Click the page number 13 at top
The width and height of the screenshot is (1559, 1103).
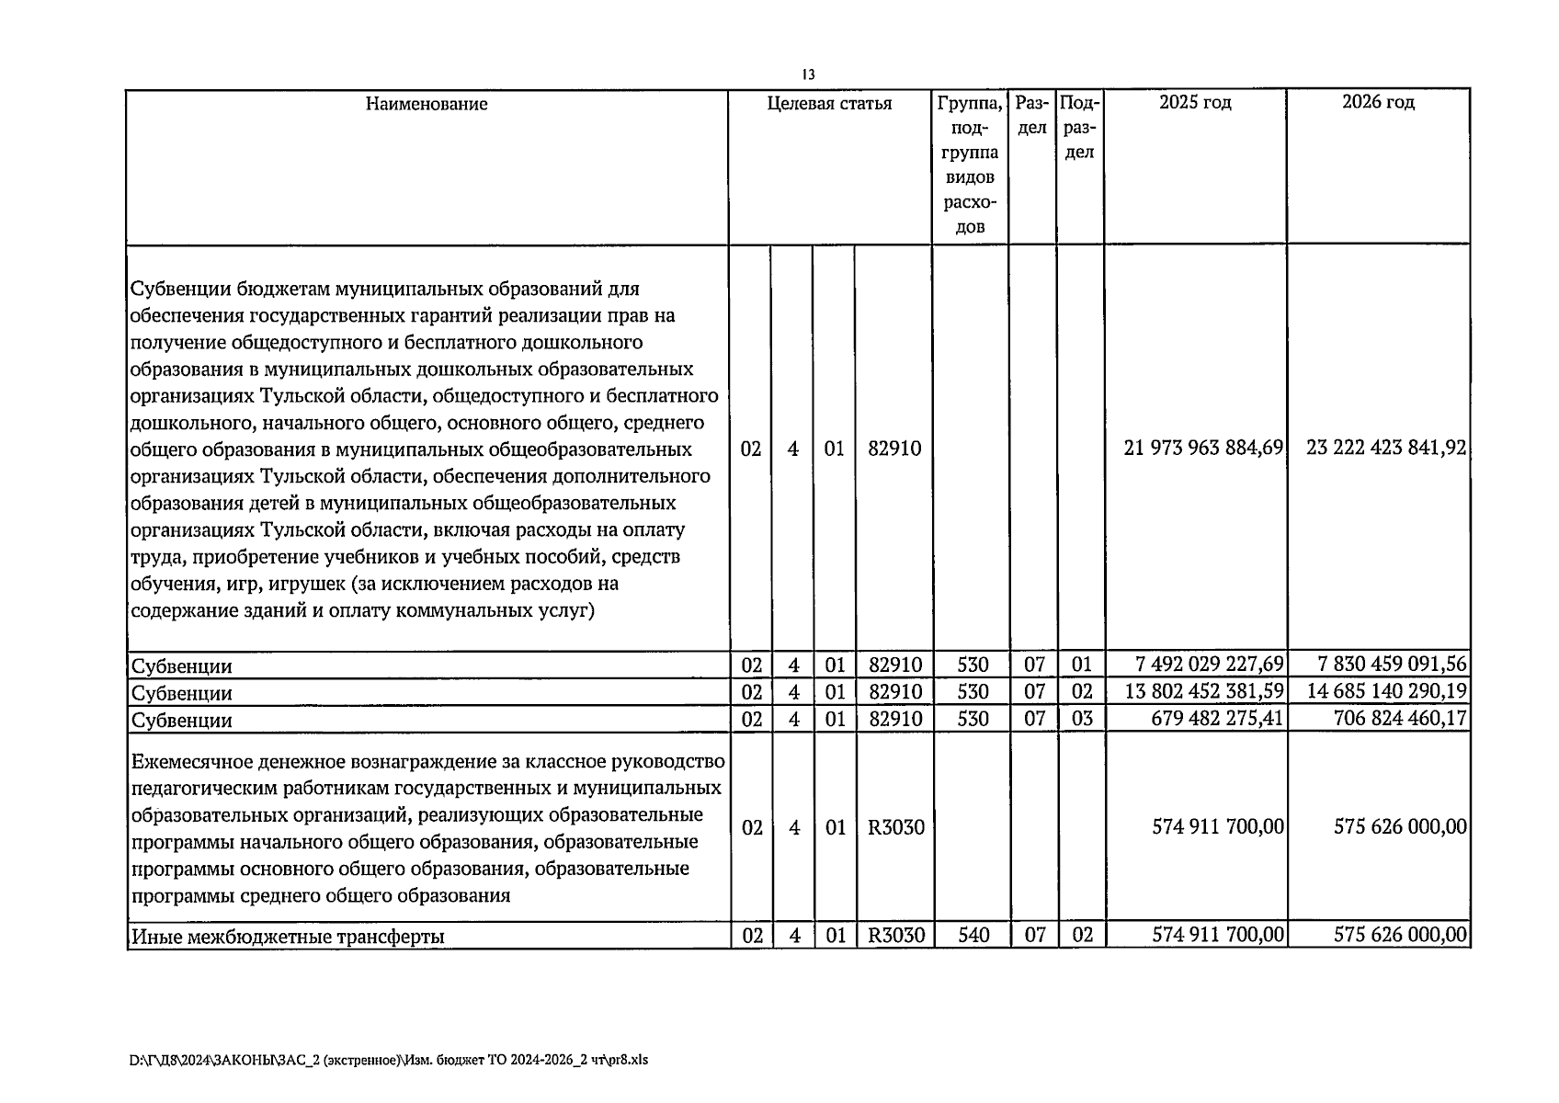pos(808,74)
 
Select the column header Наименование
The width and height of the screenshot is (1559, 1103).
pos(427,104)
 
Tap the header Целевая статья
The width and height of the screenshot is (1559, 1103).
pos(829,104)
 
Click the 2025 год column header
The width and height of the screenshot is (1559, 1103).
pos(1194,102)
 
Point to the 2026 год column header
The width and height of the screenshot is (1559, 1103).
pos(1377,102)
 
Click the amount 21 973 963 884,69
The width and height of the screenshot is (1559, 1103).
pos(1203,449)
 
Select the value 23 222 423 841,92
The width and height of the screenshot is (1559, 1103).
pos(1385,449)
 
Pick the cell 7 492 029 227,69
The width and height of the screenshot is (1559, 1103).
pos(1209,665)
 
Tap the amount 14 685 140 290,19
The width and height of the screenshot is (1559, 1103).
pos(1385,691)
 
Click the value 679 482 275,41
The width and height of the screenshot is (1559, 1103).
pos(1217,718)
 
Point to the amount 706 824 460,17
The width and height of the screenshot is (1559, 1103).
pos(1399,718)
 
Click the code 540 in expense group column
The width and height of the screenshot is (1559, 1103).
pos(973,936)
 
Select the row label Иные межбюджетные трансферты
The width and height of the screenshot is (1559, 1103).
pos(288,937)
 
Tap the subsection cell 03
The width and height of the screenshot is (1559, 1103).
pos(1082,718)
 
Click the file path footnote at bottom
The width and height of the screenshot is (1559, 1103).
pos(389,1060)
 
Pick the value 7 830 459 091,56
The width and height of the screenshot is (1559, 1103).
pos(1392,665)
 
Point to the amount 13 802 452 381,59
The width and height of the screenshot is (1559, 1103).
pos(1203,691)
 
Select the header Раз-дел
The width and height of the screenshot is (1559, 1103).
pos(1032,116)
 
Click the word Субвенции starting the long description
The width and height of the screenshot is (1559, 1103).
pos(181,290)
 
